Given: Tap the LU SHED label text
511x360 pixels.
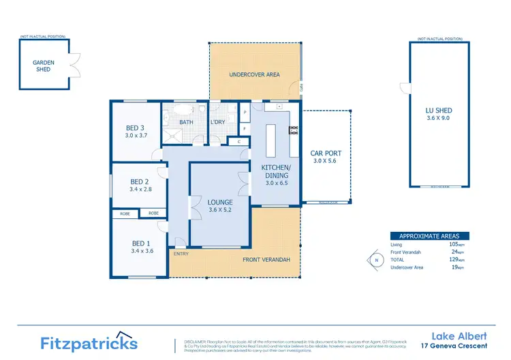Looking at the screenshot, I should click(438, 110).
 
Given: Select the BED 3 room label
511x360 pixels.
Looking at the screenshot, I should click(135, 128).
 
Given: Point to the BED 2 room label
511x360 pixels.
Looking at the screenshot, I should click(139, 181).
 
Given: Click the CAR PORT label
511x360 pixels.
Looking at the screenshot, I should click(325, 153).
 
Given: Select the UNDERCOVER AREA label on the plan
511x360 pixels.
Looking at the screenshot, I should click(255, 74).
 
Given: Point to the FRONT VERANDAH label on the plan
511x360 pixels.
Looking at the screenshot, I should click(266, 260).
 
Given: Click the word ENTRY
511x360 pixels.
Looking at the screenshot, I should click(181, 254).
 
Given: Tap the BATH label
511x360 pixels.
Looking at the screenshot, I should click(185, 123).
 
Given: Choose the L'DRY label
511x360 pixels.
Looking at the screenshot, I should click(218, 123).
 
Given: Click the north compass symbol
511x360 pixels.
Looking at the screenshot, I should click(374, 260).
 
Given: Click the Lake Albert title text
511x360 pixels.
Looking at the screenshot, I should click(461, 335).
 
